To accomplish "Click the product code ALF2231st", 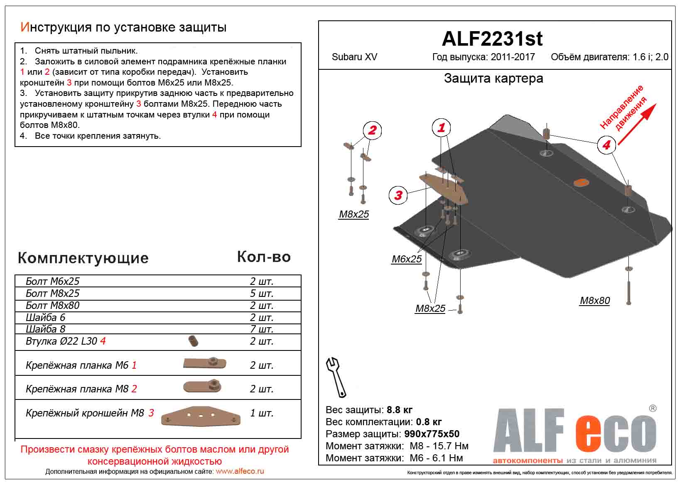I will [x=492, y=39].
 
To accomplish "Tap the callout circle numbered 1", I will [x=442, y=127].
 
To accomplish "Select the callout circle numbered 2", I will [x=372, y=130].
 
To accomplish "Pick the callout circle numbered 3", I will [x=398, y=195].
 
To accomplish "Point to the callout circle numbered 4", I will [x=606, y=145].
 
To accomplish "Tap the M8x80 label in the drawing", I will [x=595, y=301].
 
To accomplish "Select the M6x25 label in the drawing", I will [x=407, y=259].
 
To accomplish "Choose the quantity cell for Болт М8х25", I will [x=262, y=294].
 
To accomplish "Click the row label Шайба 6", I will [x=45, y=318].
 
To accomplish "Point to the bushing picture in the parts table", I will [x=193, y=341].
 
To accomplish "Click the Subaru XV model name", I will [x=354, y=57].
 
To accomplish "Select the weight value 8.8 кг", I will [x=400, y=410].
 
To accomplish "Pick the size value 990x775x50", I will [x=432, y=434].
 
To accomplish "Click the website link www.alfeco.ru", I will [x=240, y=472].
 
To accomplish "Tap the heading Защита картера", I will [x=493, y=78].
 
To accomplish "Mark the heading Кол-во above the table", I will [x=264, y=257].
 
